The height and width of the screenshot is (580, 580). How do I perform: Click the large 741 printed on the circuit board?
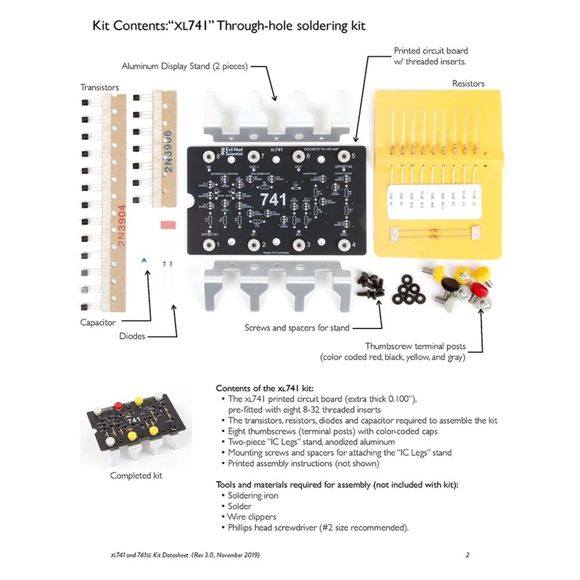(x=273, y=199)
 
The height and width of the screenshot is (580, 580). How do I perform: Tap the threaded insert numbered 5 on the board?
(x=344, y=156)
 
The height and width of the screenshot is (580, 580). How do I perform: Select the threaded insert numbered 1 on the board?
(x=209, y=245)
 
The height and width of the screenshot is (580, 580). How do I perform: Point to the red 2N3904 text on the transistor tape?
(x=121, y=225)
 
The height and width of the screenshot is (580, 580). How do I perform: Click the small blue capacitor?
(x=144, y=261)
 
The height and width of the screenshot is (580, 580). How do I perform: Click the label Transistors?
(x=100, y=87)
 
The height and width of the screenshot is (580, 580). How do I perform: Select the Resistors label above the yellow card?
(x=468, y=84)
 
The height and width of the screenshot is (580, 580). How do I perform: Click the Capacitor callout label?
(x=98, y=322)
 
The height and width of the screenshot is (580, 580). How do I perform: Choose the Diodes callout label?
(x=132, y=336)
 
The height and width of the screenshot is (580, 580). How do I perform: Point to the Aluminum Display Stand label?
(x=184, y=66)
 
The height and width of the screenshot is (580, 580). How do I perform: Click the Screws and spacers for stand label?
(x=297, y=328)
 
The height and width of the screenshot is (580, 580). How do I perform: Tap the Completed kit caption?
(x=136, y=476)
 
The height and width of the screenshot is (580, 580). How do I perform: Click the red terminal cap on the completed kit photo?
(x=117, y=405)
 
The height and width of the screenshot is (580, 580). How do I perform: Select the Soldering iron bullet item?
(x=253, y=495)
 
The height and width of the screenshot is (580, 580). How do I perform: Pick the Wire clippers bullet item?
(x=252, y=517)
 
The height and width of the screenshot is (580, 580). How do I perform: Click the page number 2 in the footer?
(x=467, y=555)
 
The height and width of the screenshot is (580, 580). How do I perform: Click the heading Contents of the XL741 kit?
(x=264, y=388)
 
